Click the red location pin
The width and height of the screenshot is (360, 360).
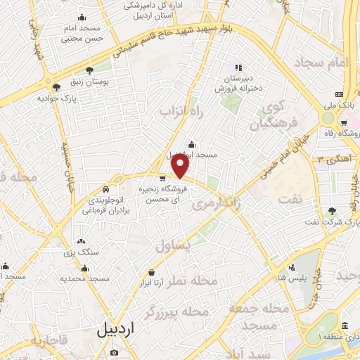(181, 167)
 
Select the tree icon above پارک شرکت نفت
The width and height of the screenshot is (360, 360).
(332, 210)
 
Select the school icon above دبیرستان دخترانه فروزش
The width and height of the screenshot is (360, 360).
(238, 67)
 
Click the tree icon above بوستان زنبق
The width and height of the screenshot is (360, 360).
(90, 70)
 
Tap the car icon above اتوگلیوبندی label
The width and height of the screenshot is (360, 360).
(105, 189)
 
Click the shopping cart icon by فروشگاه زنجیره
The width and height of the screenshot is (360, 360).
(162, 178)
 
